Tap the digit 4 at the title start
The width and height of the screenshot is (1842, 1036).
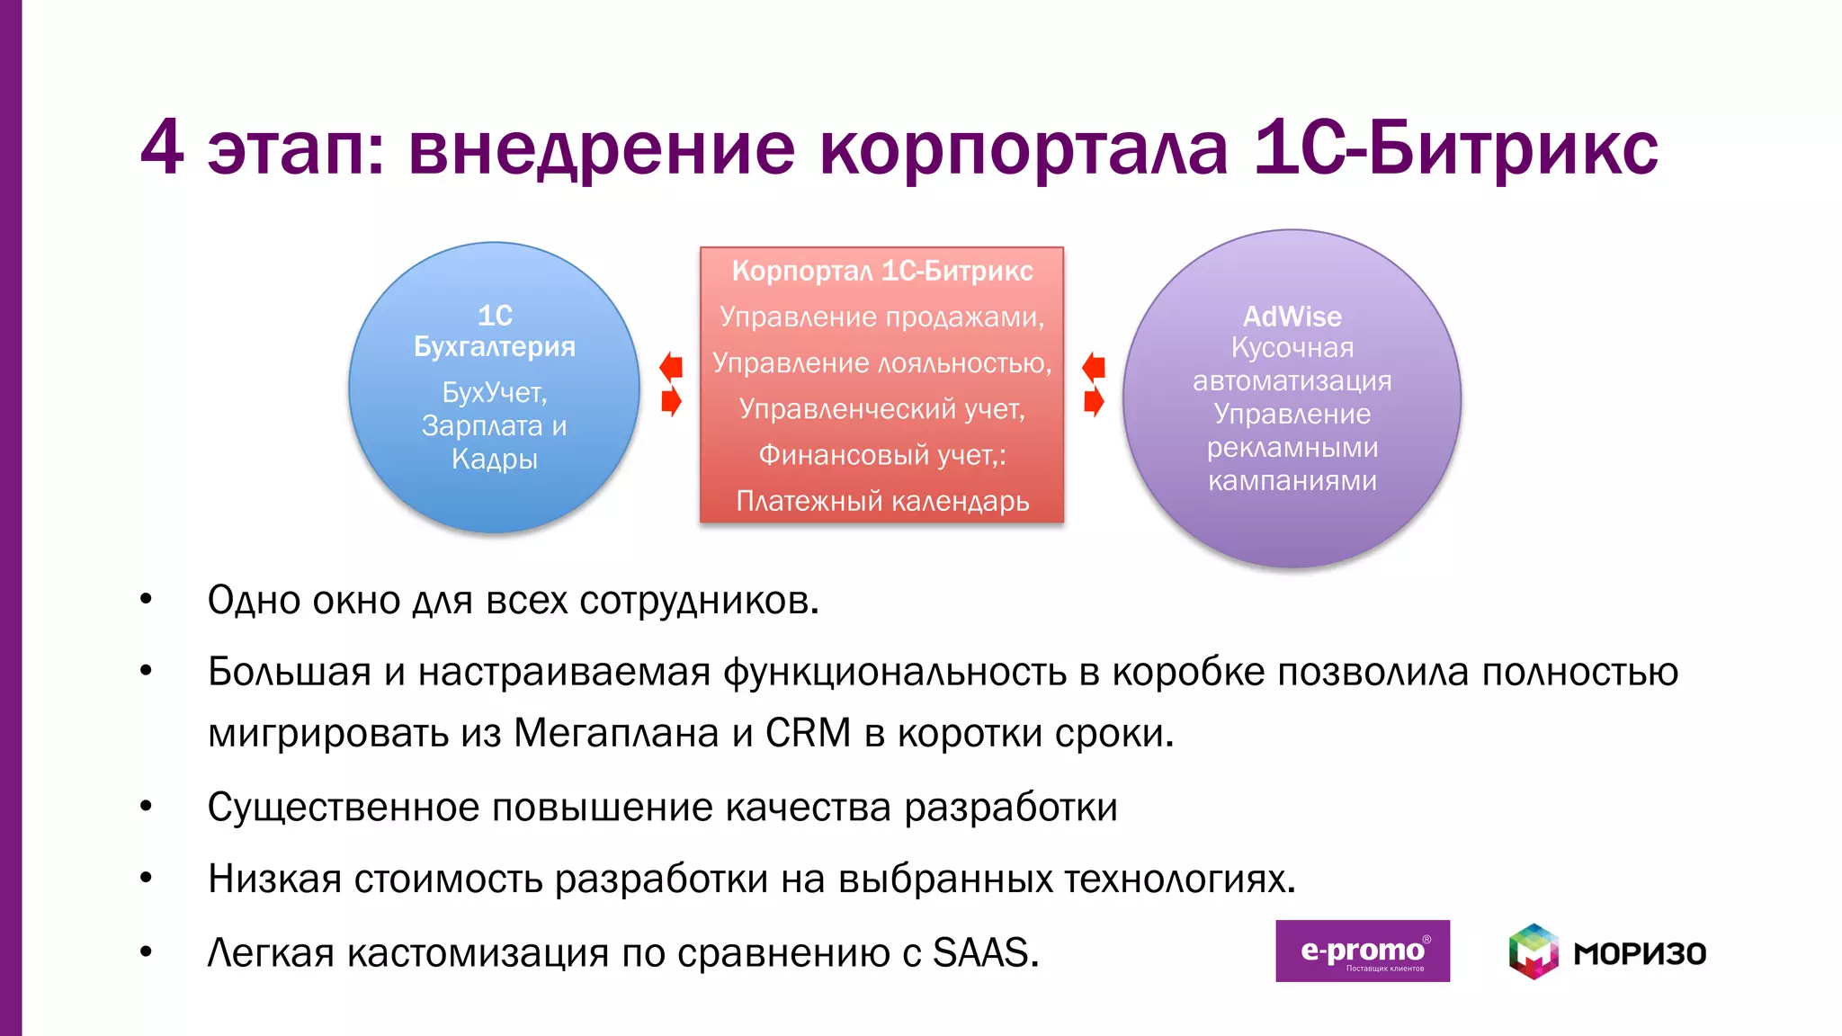click(163, 148)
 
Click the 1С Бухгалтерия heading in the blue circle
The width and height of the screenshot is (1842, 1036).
click(495, 331)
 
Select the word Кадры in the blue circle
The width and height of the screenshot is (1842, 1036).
click(495, 459)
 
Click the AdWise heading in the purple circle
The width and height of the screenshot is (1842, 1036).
click(1292, 317)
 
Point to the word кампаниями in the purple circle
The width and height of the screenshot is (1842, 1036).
click(1292, 481)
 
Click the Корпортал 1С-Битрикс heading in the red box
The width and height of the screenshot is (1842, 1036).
click(882, 271)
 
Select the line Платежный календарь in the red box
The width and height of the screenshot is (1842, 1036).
click(882, 501)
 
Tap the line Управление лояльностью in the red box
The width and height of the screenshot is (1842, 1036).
click(882, 363)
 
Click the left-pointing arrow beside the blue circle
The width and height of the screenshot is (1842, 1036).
click(671, 366)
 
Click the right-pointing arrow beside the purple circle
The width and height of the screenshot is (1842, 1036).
click(1094, 401)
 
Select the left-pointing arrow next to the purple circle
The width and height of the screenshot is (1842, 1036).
click(1094, 366)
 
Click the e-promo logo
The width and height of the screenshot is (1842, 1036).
click(1362, 951)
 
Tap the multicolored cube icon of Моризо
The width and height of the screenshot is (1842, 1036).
click(1533, 951)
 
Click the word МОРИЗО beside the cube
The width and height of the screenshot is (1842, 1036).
click(1639, 953)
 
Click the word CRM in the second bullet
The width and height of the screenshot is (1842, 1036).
click(808, 734)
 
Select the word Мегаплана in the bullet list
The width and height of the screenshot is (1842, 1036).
click(616, 734)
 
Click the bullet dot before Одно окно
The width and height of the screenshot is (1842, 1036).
click(146, 599)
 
